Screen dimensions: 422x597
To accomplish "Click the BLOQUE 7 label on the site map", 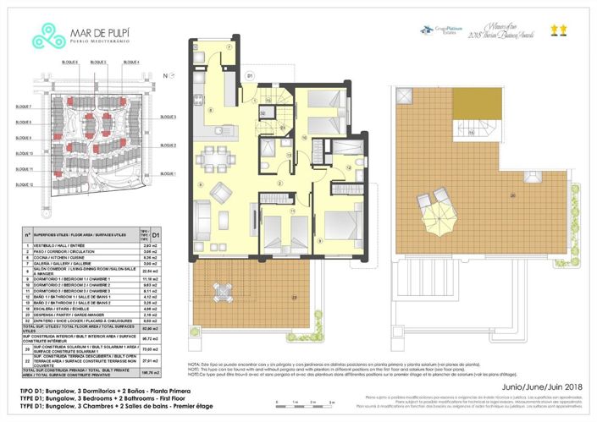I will pyautogui.click(x=24, y=107).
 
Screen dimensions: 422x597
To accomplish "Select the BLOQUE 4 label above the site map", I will pyautogui.click(x=131, y=63).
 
